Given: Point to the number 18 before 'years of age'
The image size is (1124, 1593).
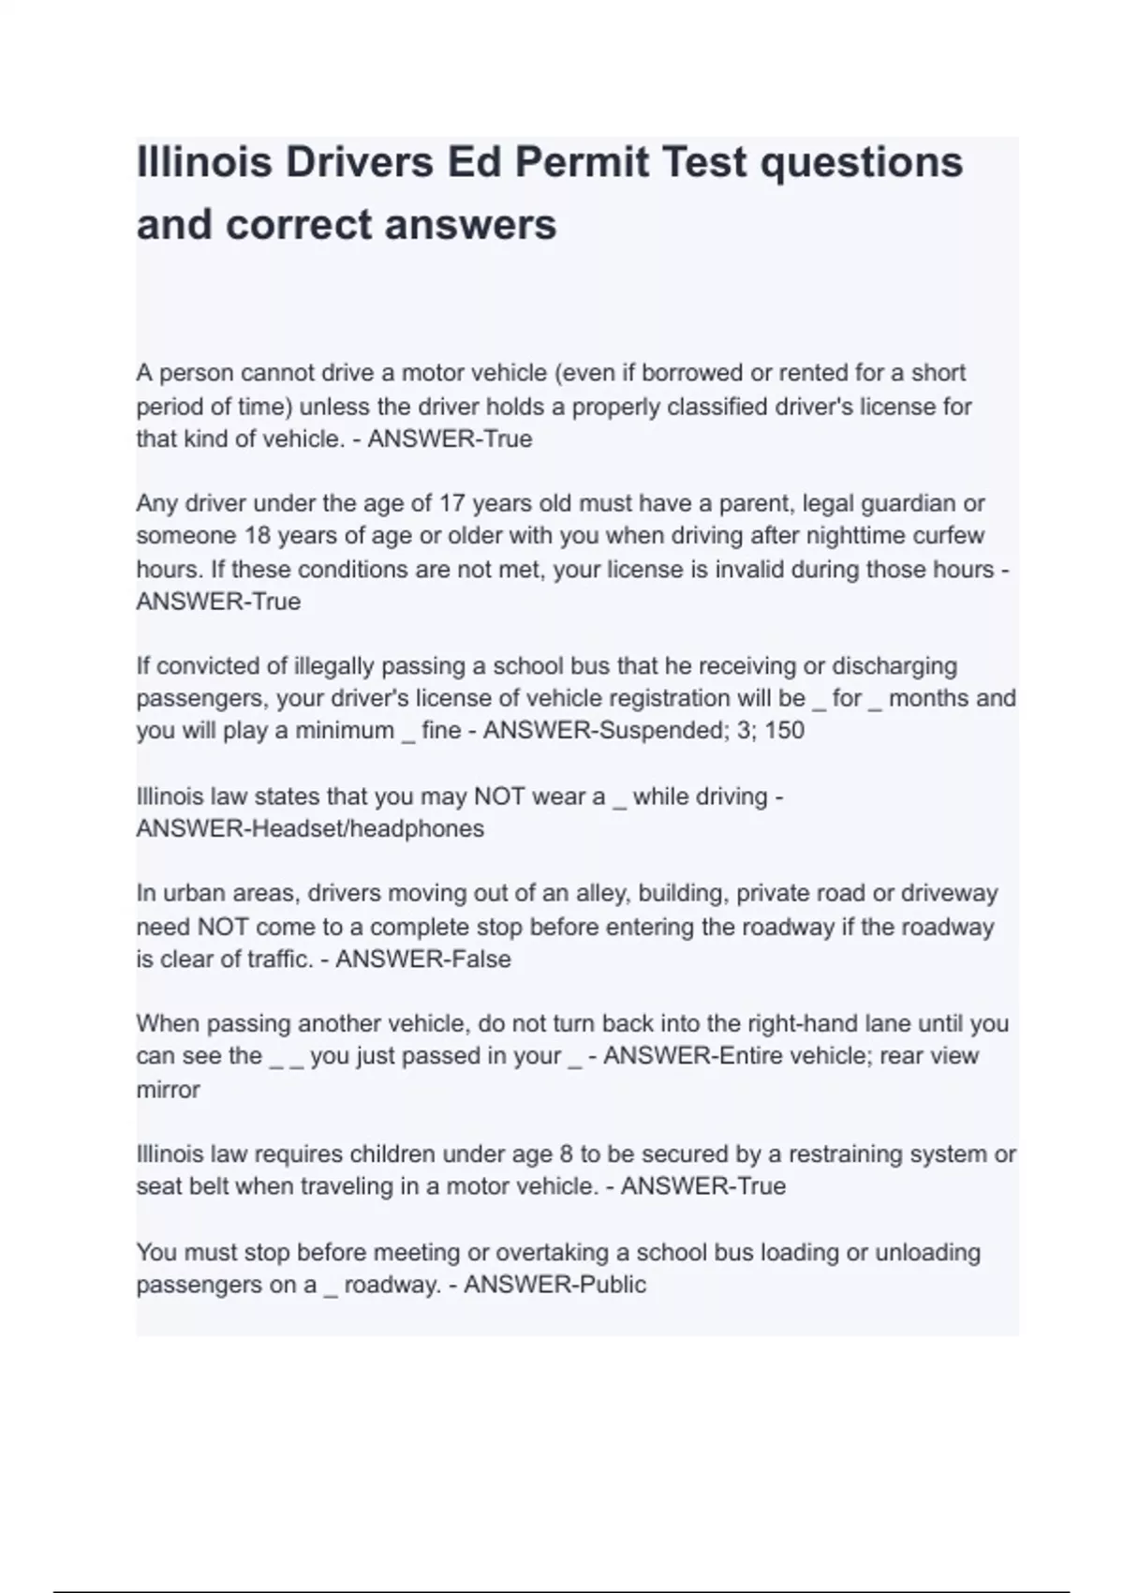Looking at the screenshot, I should [258, 536].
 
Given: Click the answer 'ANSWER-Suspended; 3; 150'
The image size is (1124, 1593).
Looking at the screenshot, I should [643, 731].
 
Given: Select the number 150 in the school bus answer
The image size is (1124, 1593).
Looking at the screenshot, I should [785, 731].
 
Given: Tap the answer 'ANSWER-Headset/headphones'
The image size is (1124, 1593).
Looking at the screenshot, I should [310, 829].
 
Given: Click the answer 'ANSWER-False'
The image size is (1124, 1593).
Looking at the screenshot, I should [423, 960].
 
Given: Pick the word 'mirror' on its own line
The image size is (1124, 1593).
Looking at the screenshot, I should [168, 1090].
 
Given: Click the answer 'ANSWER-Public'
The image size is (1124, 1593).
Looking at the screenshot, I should [555, 1285].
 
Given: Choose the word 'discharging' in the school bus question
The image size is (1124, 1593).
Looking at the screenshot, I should [895, 666].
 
